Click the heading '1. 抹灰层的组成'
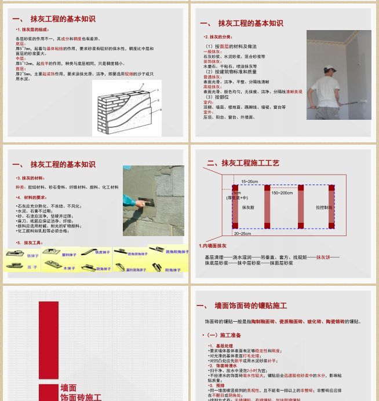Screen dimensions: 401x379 coord(32,30)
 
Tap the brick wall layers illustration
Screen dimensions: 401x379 coord(126,107)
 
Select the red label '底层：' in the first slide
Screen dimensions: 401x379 coord(20,44)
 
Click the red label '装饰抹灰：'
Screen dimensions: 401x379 coord(212,61)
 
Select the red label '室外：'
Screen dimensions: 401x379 coord(209,112)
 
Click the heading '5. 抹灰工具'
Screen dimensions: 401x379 coord(30,243)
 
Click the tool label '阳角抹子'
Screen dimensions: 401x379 coord(173,270)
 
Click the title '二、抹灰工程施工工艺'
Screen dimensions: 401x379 coord(243,163)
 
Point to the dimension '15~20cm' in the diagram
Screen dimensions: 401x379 coord(250,182)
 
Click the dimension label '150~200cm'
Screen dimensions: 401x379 coord(282,193)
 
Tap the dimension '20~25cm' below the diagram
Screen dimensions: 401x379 coord(243,234)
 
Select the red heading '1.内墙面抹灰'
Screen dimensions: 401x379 coord(213,246)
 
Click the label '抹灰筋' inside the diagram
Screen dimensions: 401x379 coord(248,207)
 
